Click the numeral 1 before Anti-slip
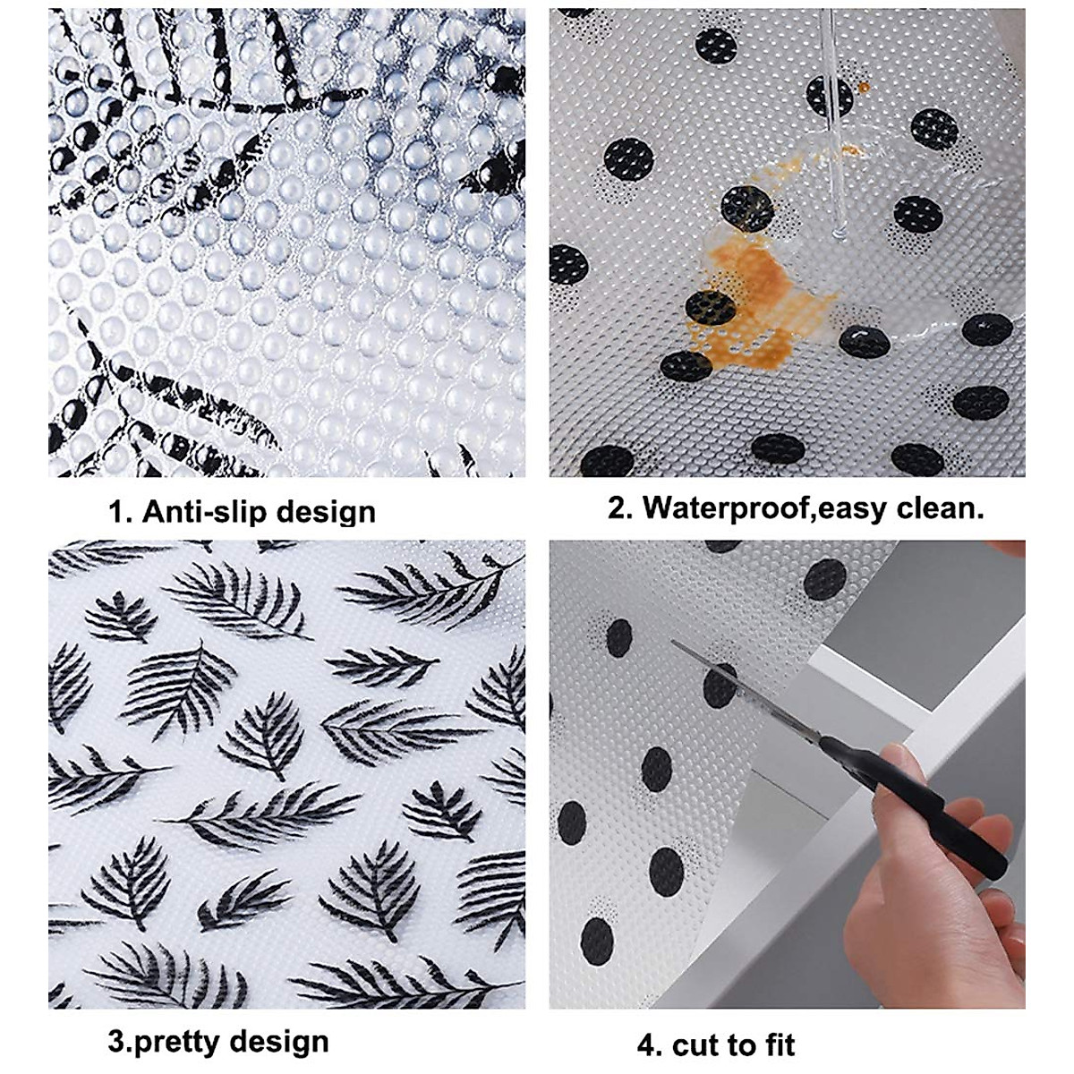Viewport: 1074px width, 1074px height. tap(116, 512)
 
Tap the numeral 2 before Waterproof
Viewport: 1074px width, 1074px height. tap(618, 508)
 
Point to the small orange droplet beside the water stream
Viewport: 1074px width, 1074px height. tap(864, 87)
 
